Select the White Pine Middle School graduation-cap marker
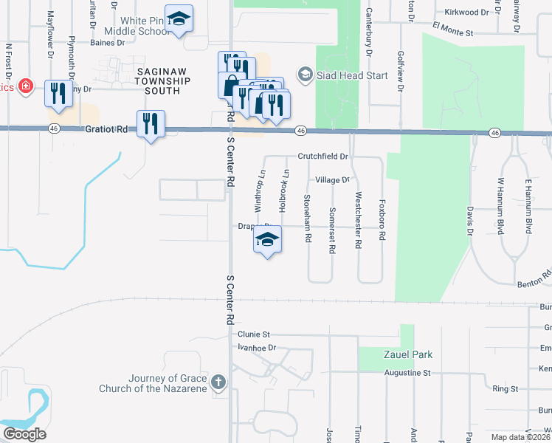coord(178,20)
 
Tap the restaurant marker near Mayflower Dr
coord(58,93)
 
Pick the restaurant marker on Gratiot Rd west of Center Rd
coord(151,123)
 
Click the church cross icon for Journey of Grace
coord(217,381)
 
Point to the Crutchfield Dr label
coord(322,157)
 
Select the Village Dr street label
coord(331,180)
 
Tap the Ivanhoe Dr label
coord(257,347)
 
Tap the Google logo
coord(24,433)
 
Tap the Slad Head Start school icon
coord(304,75)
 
